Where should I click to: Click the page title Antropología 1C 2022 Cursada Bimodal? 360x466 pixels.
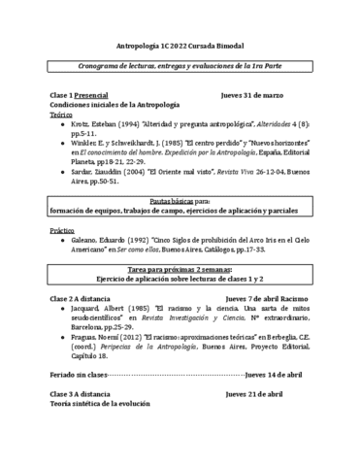(180, 45)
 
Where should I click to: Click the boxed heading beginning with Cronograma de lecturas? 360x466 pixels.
(180, 66)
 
